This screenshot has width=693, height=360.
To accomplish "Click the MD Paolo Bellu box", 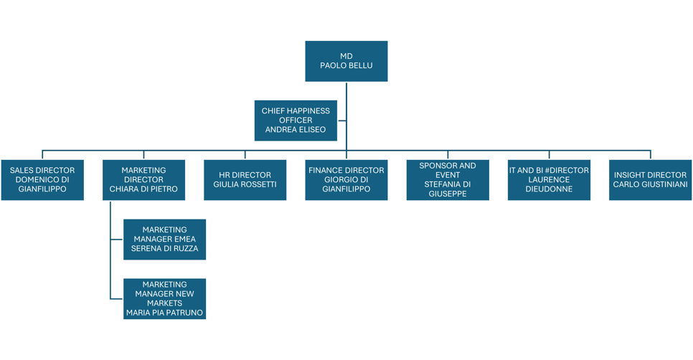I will pos(346,61).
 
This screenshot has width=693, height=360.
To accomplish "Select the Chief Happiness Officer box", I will pos(296,120).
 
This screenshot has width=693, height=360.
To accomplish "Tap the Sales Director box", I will pos(42,180).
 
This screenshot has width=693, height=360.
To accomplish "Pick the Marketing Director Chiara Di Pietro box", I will pos(143,180).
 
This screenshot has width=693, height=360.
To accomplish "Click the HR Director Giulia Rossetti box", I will pos(245,180).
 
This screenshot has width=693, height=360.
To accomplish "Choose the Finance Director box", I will pos(346,180).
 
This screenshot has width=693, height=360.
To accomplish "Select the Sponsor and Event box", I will pos(448,180).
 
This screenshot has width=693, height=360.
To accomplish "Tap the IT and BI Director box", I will pos(549,180).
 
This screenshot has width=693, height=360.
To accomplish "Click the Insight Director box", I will pos(650,180).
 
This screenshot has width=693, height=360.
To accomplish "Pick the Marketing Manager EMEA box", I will pos(164,239).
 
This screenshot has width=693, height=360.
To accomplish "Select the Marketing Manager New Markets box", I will pos(164,298).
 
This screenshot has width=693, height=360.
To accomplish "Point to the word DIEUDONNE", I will pos(549,189).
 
